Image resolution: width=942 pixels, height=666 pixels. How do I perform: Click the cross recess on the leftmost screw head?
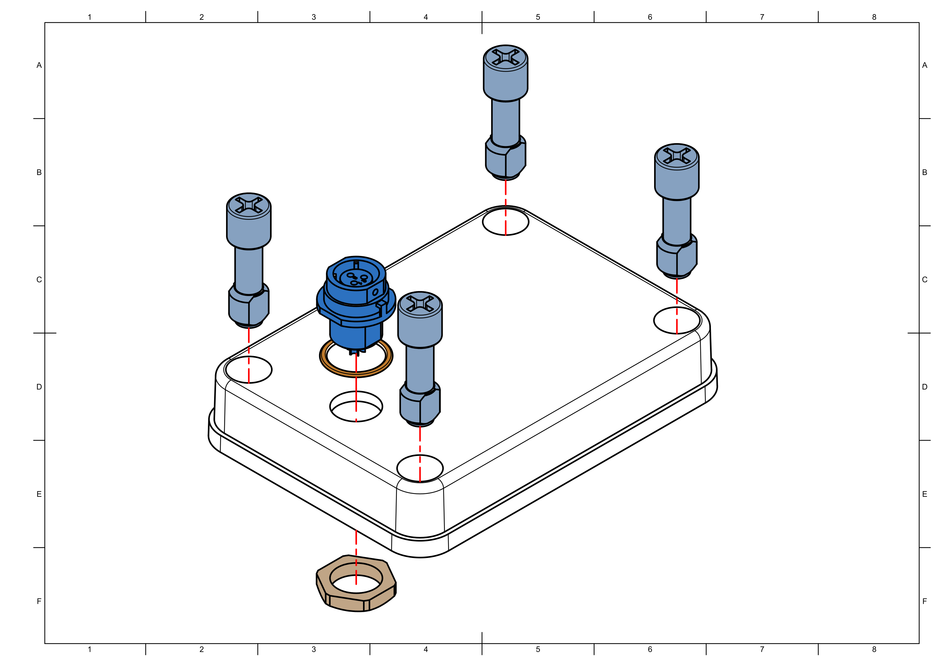249,204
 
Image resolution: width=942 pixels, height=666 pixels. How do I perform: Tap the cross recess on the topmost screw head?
506,56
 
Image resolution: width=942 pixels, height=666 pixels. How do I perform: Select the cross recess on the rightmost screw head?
677,155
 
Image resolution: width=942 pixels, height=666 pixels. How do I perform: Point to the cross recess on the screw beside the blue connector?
420,303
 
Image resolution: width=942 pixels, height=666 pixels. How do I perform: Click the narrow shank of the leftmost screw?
249,269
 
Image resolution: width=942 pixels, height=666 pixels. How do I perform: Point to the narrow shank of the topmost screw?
506,121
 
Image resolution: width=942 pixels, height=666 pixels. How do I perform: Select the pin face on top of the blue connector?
356,278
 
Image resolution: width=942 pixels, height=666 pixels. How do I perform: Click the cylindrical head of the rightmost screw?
677,181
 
